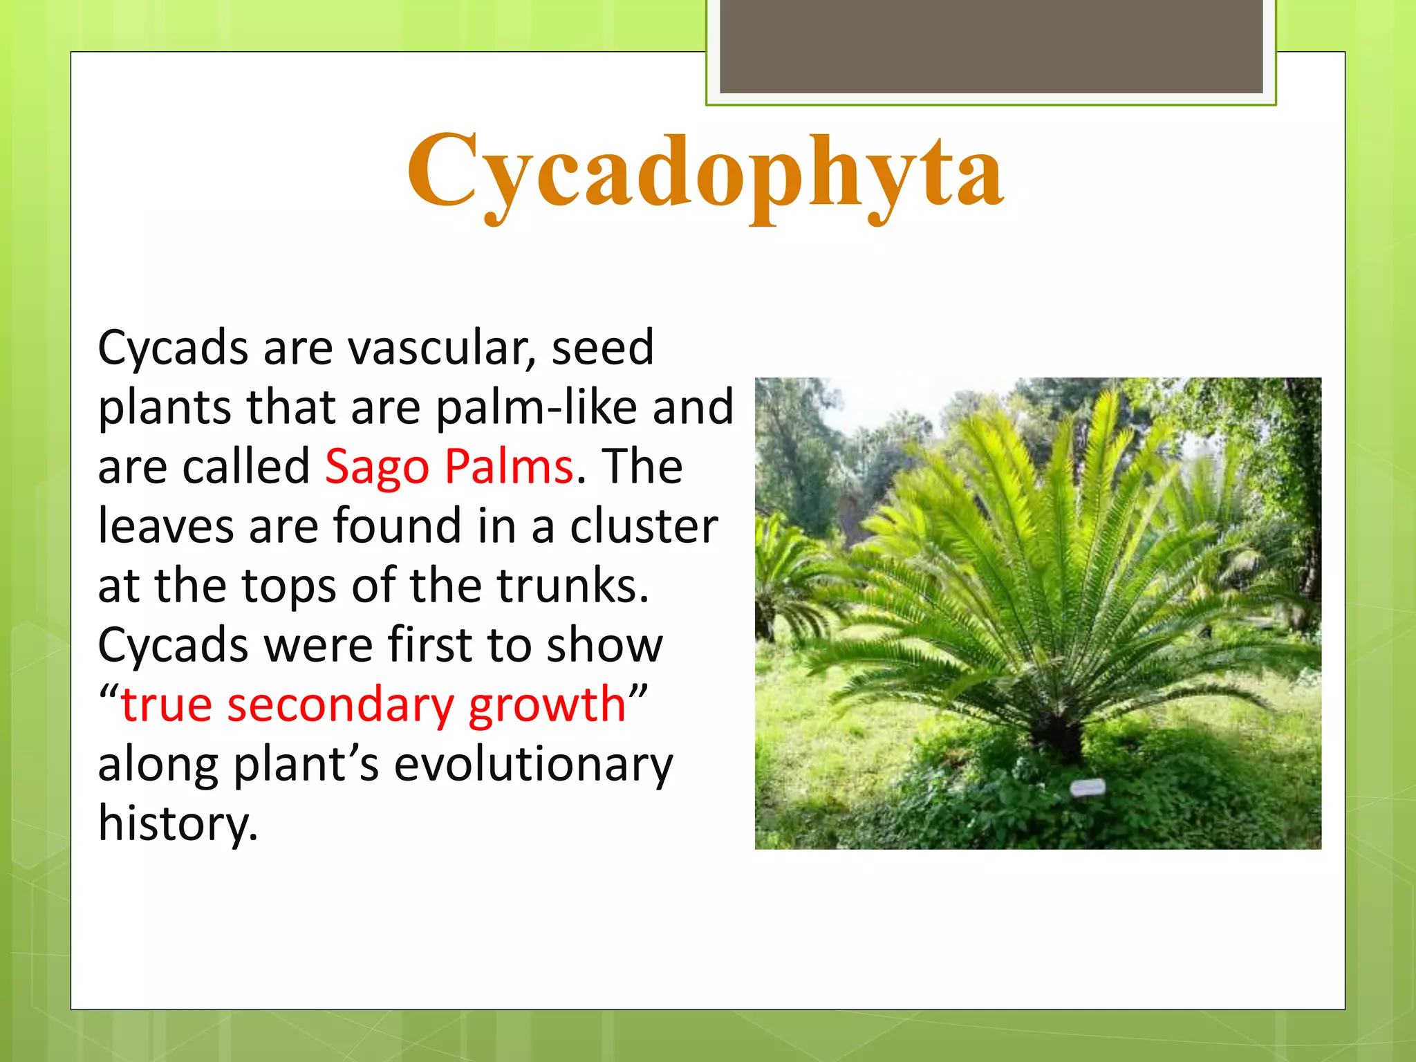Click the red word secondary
point(340,705)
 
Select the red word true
point(166,705)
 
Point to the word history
point(177,824)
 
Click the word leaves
point(166,527)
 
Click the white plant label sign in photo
point(1088,787)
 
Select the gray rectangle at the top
point(990,46)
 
